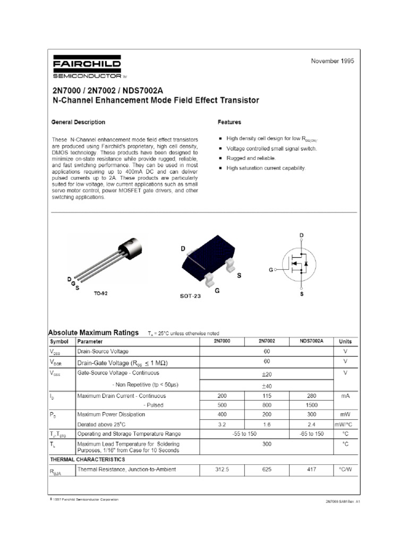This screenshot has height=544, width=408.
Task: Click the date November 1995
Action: tap(332, 61)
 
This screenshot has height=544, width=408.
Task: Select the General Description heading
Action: tap(78, 122)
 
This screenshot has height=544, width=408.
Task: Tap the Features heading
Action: tap(229, 122)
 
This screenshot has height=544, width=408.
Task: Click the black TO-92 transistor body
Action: tap(131, 248)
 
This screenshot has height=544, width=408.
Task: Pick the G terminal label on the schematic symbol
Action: tap(270, 270)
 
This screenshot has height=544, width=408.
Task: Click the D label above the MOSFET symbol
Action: tap(302, 235)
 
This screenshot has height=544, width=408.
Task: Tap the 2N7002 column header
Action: tap(267, 341)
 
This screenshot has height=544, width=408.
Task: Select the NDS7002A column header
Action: tap(312, 341)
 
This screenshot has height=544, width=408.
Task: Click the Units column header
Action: tap(345, 342)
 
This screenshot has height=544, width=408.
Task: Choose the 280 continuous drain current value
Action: tap(312, 396)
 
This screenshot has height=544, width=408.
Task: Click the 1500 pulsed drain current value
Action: tap(312, 405)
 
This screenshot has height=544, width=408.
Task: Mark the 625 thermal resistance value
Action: tap(267, 470)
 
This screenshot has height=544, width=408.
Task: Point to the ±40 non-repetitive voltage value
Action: tap(267, 386)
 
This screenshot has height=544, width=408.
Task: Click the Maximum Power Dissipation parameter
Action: tap(110, 414)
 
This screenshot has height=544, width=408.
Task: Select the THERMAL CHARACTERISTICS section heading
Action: tap(88, 459)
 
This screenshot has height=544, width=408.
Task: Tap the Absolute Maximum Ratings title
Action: tap(93, 332)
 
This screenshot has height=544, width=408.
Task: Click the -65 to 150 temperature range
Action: tap(312, 434)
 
